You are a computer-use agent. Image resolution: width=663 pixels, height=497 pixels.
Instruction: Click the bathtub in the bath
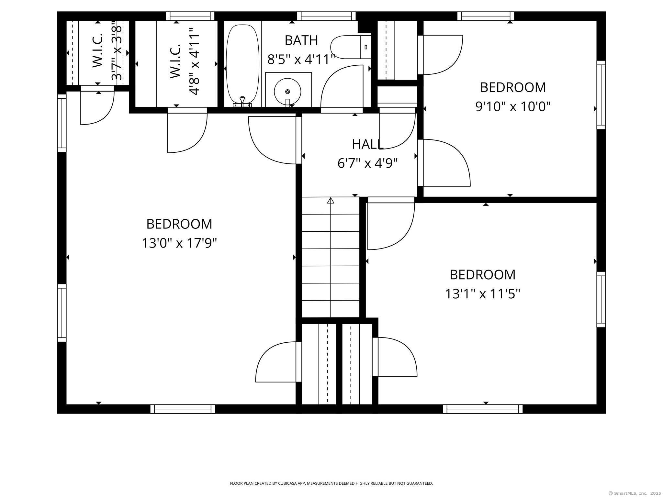[x=242, y=65]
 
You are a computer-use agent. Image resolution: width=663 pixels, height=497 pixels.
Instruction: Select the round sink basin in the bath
[x=287, y=91]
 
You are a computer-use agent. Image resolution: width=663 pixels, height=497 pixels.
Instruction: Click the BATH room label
[x=301, y=40]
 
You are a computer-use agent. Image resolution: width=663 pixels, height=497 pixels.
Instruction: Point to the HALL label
[x=368, y=144]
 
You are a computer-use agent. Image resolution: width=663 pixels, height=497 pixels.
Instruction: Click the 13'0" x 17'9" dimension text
[x=179, y=243]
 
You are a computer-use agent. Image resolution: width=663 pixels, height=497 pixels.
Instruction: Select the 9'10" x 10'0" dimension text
[x=513, y=106]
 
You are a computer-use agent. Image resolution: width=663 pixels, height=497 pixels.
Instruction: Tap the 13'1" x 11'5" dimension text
[x=482, y=294]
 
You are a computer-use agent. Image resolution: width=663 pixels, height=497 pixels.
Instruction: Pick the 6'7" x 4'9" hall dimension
[x=367, y=163]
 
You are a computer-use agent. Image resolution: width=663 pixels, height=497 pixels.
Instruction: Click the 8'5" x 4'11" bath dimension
[x=301, y=59]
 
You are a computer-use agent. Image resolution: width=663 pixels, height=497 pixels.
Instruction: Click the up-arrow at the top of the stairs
[x=331, y=200]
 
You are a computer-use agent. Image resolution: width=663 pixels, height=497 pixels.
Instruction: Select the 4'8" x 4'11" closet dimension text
[x=194, y=61]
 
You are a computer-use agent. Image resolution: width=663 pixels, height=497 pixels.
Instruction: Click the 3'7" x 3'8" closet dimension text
[x=117, y=51]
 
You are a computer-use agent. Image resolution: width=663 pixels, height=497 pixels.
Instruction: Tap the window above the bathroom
[x=326, y=16]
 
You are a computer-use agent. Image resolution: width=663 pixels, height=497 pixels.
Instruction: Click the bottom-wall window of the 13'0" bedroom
[x=183, y=409]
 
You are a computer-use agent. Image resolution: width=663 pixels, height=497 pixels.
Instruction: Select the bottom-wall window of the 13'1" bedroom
[x=483, y=409]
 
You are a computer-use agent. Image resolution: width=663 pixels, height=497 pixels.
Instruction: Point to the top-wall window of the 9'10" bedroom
[x=486, y=16]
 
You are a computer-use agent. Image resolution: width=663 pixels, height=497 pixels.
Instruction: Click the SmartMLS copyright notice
[x=635, y=493]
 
